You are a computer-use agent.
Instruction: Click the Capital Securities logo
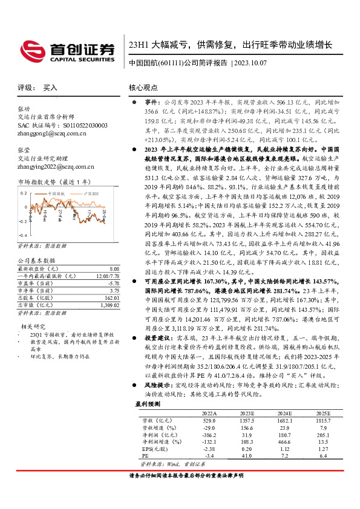[x=67, y=50]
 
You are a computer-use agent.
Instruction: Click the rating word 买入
[x=50, y=88]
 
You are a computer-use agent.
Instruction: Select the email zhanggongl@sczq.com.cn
[x=56, y=132]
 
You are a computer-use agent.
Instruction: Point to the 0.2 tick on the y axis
[x=24, y=192]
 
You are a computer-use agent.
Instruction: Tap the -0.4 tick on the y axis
[x=22, y=235]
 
